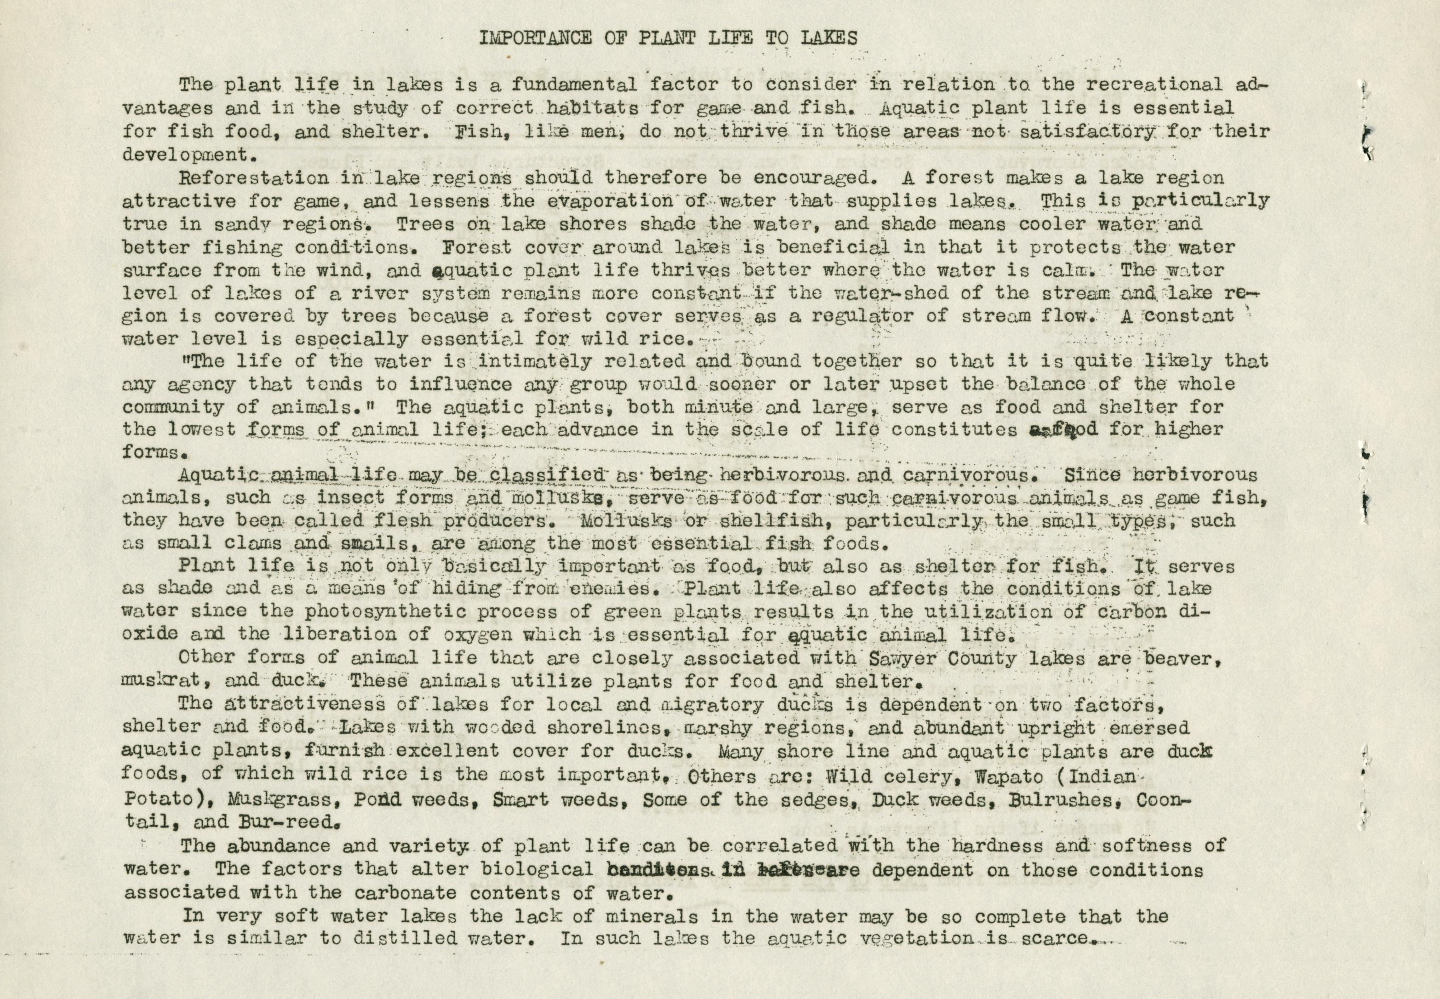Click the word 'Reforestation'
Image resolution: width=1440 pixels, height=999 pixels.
pos(253,178)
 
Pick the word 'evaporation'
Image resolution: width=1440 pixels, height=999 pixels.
pos(593,201)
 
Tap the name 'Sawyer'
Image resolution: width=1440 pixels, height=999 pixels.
pos(903,658)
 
